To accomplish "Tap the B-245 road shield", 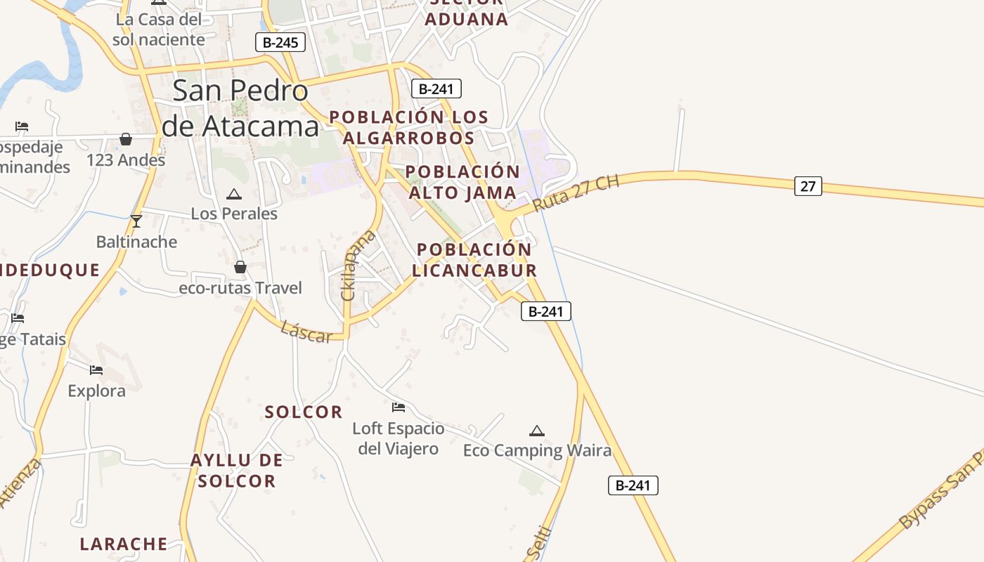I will (280, 43).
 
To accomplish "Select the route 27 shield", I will (808, 186).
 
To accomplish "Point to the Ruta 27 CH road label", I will (576, 194).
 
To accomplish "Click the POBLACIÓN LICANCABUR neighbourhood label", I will (474, 260).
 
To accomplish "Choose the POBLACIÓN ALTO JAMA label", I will (462, 182).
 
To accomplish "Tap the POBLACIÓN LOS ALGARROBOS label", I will (408, 127).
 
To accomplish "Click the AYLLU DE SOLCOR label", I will (237, 471).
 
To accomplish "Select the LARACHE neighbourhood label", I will (124, 544).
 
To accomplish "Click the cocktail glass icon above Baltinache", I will (136, 221).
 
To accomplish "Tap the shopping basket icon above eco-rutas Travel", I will (240, 267).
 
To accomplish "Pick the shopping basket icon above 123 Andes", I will (126, 139).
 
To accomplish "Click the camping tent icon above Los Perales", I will (234, 194).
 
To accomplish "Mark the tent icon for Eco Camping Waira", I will (537, 431).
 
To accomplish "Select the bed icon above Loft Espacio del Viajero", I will (399, 407).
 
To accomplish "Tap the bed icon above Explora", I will (96, 370).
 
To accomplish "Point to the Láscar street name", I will (306, 332).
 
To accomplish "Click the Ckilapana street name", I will (358, 265).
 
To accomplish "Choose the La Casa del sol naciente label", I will (159, 30).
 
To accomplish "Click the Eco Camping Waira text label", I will (537, 450).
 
